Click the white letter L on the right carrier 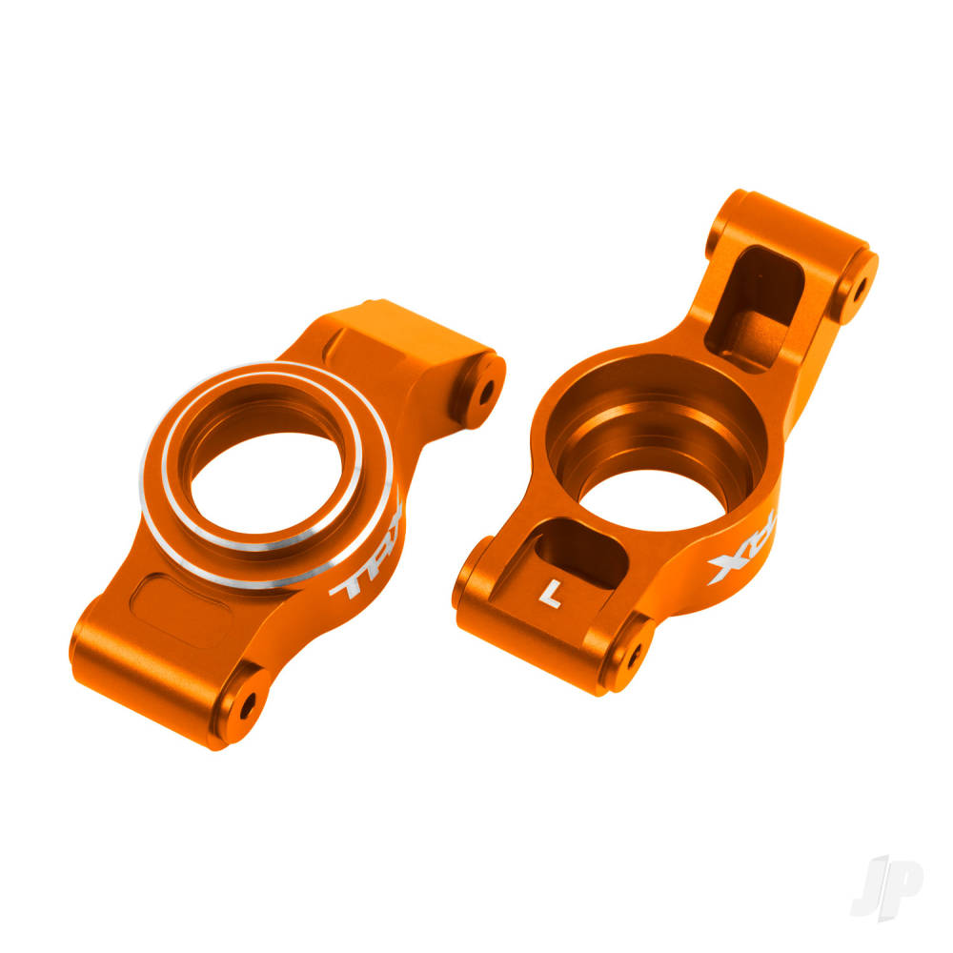coord(549,593)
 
